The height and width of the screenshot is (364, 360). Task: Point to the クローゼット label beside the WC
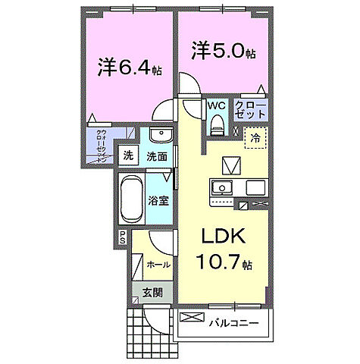click(x=250, y=108)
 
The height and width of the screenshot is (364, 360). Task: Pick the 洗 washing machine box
click(x=127, y=156)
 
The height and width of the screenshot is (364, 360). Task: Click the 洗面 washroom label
click(x=157, y=157)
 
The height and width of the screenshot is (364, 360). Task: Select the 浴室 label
click(x=158, y=202)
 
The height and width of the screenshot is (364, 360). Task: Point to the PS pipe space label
click(x=121, y=237)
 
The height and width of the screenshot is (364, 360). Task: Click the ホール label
click(x=158, y=265)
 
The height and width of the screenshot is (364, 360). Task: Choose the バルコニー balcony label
click(x=233, y=323)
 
